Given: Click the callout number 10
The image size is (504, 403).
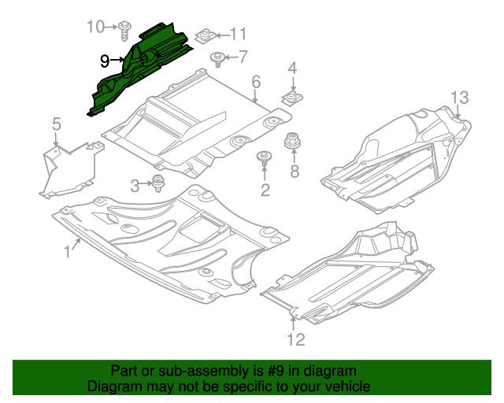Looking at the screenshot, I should pos(95,27).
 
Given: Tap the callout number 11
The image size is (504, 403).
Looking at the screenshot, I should pos(237,34).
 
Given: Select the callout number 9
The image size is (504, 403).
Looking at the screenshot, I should pos(105,60).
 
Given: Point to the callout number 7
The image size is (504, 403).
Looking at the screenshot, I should pos(242,56).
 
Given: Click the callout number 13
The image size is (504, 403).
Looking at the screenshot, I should pos(459,98).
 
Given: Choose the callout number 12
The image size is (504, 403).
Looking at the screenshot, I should pos(295,340).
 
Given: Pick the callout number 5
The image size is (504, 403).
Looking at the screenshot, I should pos(57,124).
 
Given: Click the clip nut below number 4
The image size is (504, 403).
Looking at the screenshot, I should pos(292,98).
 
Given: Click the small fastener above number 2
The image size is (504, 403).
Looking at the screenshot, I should pos(264,158).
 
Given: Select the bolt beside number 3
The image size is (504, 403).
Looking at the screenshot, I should pos(159,184).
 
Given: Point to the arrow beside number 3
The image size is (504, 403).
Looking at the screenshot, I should pos(146,186).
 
